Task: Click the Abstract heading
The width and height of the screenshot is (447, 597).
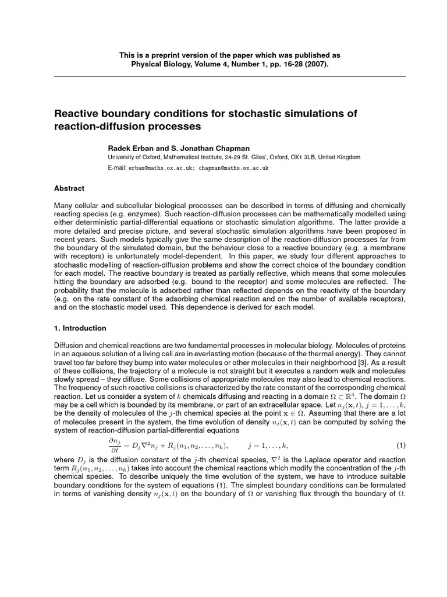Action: click(69, 188)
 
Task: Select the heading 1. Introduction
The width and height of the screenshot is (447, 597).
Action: click(80, 328)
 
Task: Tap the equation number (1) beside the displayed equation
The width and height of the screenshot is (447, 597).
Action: click(400, 445)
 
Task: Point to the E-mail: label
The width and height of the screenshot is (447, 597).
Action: click(117, 168)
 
